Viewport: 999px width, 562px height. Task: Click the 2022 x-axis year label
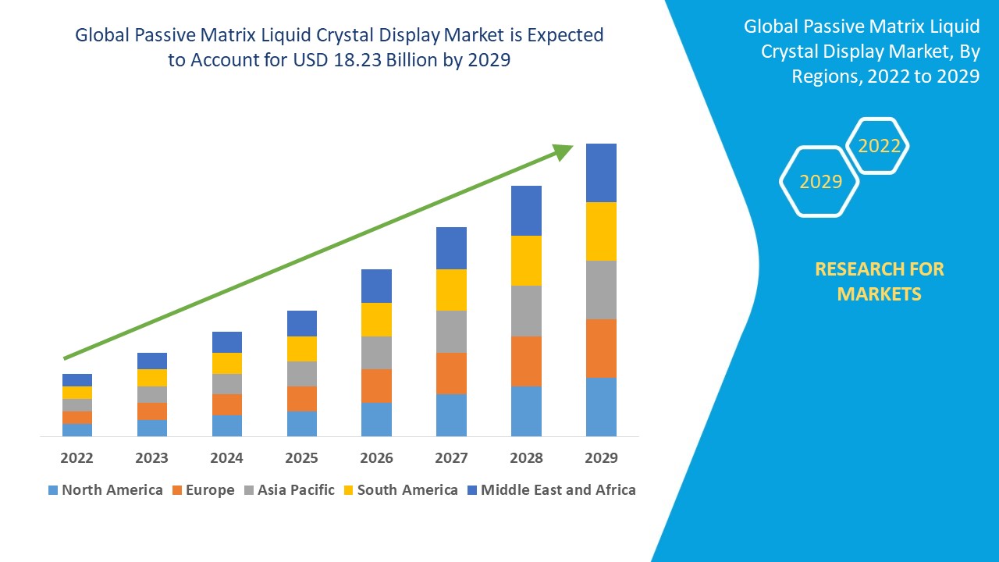[76, 457]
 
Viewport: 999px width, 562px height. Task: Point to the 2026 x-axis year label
[376, 457]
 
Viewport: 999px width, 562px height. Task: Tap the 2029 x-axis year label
[601, 457]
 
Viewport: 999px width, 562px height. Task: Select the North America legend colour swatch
[53, 490]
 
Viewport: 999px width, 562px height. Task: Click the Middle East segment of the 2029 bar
[601, 173]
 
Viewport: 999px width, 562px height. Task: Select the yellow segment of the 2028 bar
[526, 260]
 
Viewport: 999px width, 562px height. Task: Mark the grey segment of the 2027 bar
[451, 332]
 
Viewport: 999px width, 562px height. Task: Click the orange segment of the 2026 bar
[376, 386]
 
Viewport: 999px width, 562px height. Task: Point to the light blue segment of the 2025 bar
[302, 423]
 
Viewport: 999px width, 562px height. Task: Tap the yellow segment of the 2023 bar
[152, 378]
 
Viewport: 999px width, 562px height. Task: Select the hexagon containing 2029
[819, 181]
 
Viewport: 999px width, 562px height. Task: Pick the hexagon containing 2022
[878, 146]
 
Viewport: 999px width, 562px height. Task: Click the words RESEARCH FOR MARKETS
[879, 281]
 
